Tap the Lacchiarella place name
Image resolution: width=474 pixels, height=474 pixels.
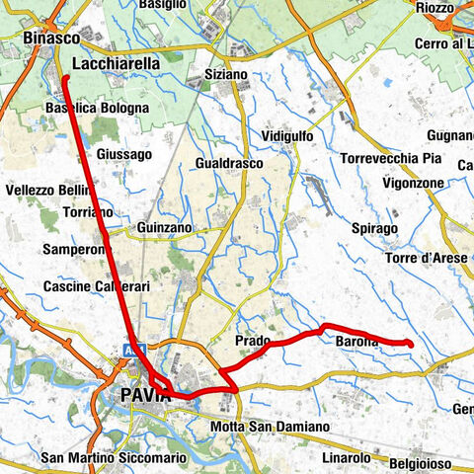pos(116,62)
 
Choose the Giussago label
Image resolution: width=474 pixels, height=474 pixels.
pos(124,154)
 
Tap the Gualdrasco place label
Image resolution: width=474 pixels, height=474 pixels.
pos(229,162)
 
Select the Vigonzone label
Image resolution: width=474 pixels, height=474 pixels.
pos(414,184)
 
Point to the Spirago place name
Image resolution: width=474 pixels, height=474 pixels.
pos(373,229)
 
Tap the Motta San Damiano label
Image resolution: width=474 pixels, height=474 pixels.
pos(270,427)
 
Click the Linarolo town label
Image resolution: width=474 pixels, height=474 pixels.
pos(346,458)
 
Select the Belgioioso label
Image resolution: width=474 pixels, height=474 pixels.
pos(420,462)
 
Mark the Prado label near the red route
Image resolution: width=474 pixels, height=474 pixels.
pos(253,341)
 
